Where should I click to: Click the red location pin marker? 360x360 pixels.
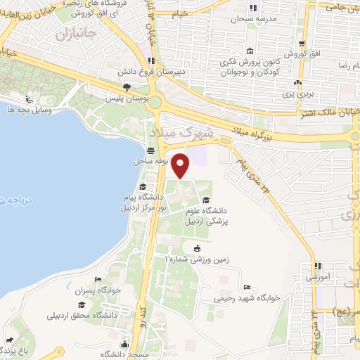181,165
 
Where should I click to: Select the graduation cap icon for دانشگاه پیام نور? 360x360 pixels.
143,186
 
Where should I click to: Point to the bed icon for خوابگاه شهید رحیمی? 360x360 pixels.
245,288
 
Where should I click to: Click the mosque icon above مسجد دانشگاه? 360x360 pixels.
125,344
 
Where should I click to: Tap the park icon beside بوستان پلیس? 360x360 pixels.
126,87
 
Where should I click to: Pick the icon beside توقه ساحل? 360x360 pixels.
150,150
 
